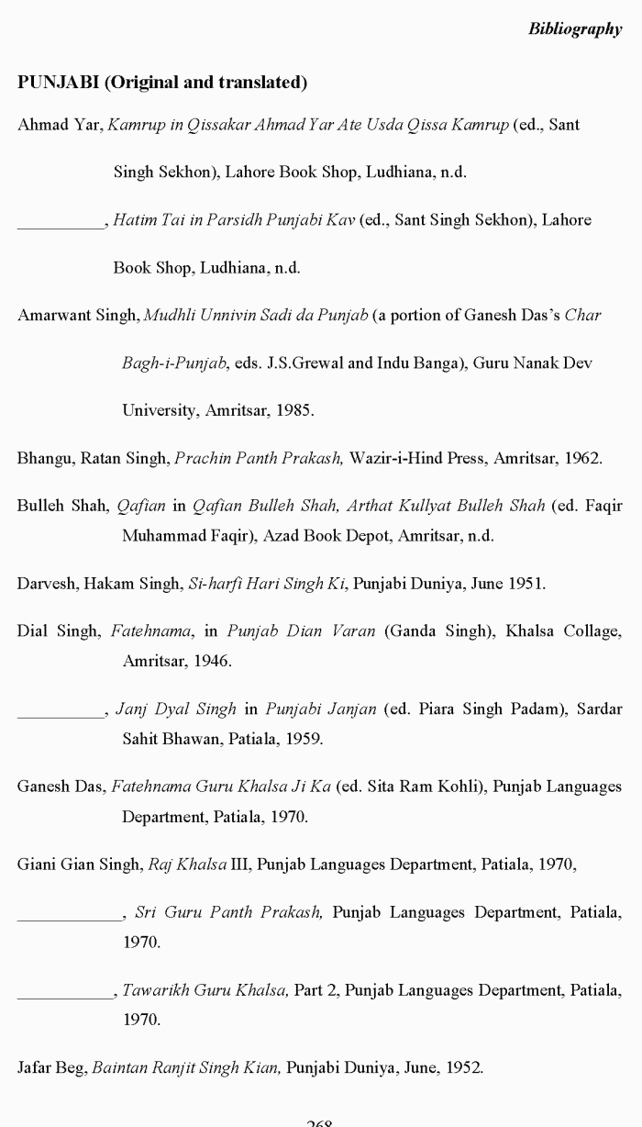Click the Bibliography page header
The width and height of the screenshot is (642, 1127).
[574, 29]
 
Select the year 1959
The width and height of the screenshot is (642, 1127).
[304, 738]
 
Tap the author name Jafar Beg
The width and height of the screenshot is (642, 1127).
[51, 1067]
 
